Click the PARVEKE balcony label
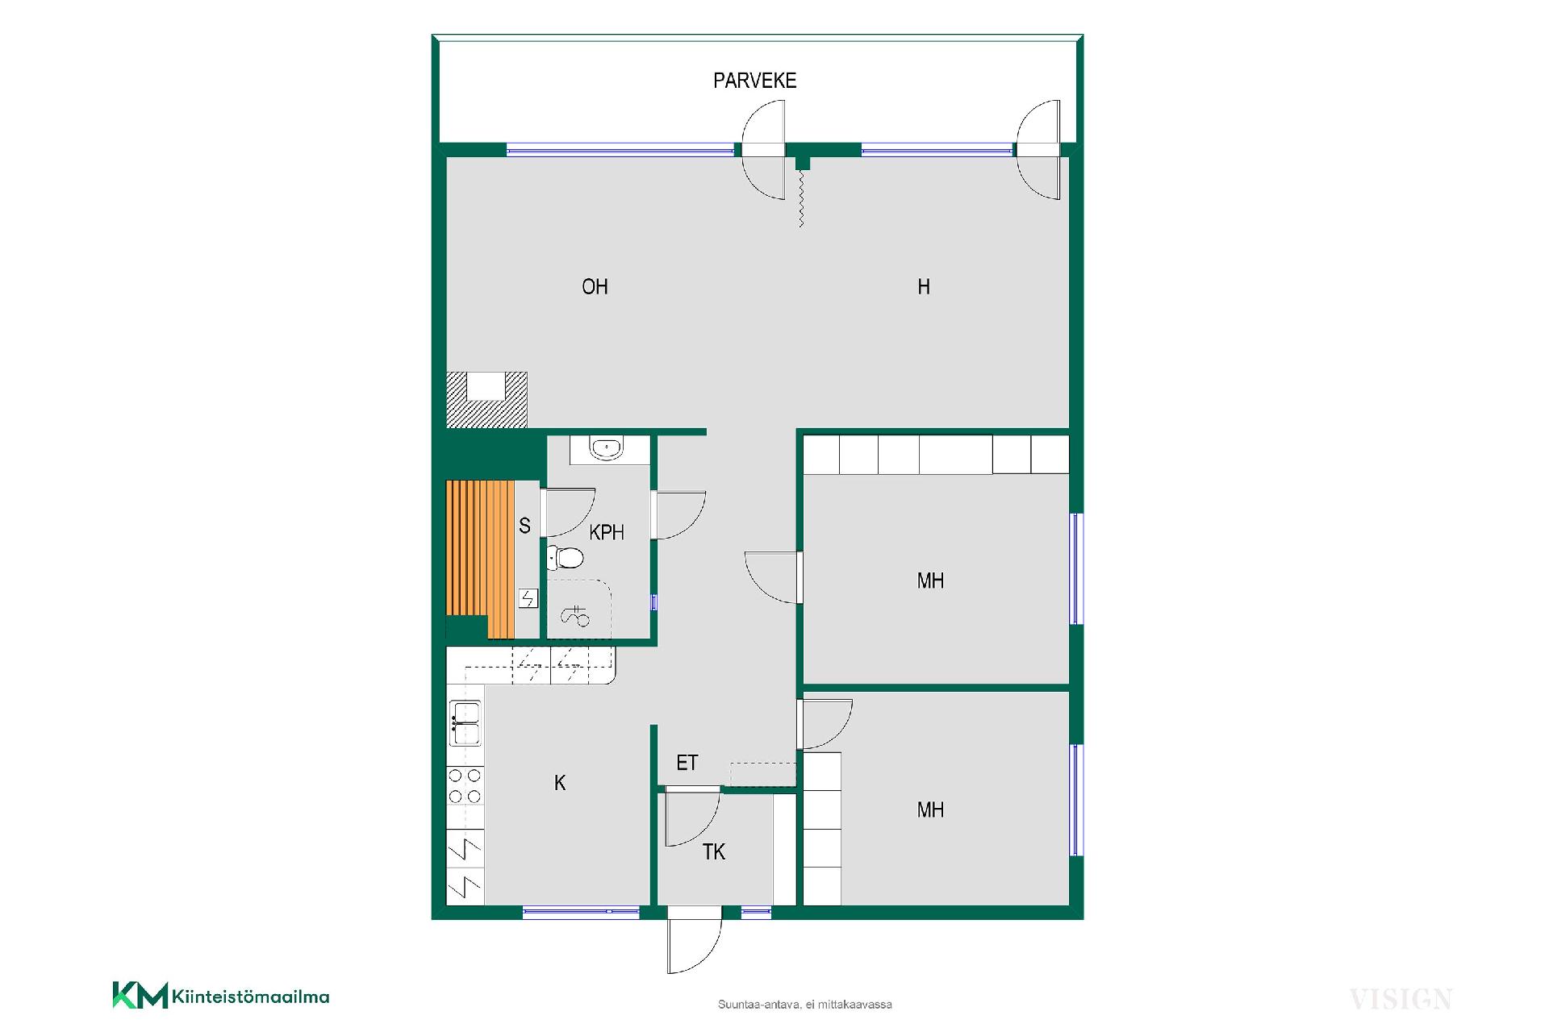[754, 81]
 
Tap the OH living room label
[595, 287]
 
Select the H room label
[924, 287]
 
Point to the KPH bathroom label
[607, 532]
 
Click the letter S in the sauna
[524, 526]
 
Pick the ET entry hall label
[687, 763]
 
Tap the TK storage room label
[713, 852]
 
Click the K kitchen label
[560, 783]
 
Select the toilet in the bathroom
[565, 556]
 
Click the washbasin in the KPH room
[606, 448]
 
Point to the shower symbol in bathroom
[575, 615]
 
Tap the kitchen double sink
[466, 723]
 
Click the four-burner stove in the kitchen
[465, 786]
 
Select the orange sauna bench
[480, 560]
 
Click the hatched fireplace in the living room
[486, 400]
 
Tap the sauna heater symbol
[528, 598]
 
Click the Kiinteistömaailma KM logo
[221, 996]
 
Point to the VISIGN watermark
[1401, 1000]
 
